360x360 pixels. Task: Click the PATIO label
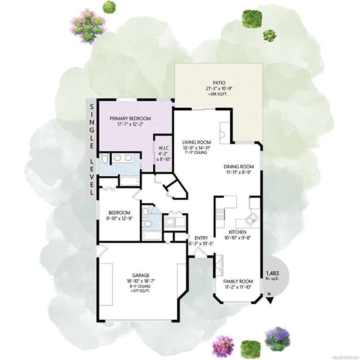219,82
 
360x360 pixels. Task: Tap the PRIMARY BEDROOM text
130,119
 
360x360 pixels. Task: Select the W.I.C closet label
164,149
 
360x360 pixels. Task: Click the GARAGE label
141,275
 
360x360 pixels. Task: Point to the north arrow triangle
270,300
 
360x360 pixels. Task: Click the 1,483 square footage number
272,273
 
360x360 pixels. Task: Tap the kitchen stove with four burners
220,214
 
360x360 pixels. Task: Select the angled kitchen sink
252,219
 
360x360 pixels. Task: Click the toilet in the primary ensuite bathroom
105,158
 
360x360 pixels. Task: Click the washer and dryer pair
175,222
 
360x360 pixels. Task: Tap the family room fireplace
219,265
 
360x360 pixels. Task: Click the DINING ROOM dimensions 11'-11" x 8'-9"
239,172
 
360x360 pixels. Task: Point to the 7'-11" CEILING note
196,152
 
